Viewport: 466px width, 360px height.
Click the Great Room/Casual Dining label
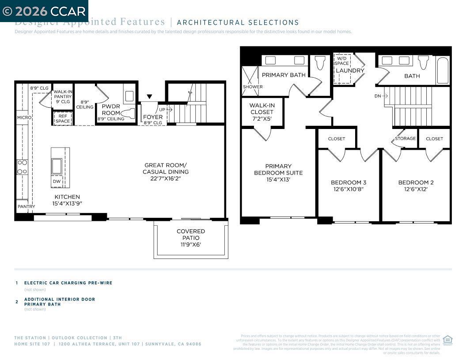tap(166, 168)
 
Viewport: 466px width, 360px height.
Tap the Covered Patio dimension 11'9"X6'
tap(191, 244)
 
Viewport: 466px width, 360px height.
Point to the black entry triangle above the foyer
tap(149, 97)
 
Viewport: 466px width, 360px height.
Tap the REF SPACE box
tap(62, 119)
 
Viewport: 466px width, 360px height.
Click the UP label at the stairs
tap(163, 110)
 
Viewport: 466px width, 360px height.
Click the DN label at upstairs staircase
tap(378, 96)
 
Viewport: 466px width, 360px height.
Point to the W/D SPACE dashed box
tap(342, 68)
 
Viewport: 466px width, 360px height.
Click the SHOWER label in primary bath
tap(253, 87)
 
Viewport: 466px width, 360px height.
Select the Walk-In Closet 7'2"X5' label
tap(261, 112)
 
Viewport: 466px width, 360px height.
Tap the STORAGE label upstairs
tap(405, 139)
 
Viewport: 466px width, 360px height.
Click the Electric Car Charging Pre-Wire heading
tap(68, 283)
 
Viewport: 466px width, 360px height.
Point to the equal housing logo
tap(447, 340)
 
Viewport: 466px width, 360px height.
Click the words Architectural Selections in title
tap(238, 23)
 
